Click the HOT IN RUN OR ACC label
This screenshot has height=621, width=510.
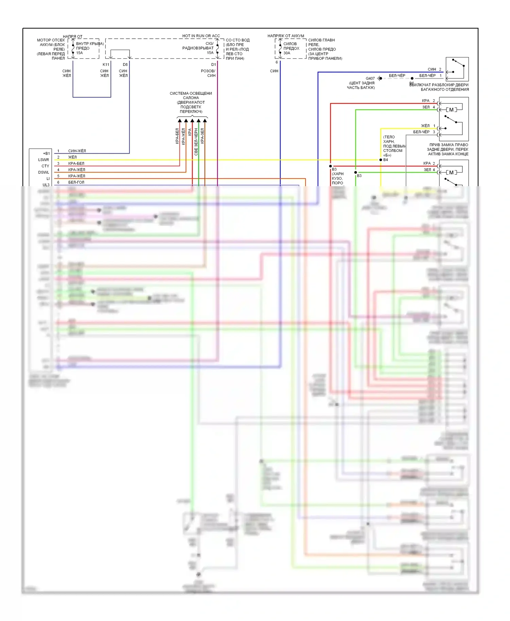click(x=201, y=36)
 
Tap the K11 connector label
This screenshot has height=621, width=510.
click(x=106, y=65)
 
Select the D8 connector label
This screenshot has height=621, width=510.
click(x=125, y=65)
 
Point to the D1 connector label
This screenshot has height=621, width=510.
click(x=214, y=65)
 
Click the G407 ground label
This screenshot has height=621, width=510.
click(x=370, y=78)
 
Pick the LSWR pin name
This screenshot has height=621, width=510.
click(x=44, y=160)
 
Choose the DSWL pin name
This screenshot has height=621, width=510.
click(x=44, y=172)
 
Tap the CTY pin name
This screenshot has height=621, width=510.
click(x=45, y=166)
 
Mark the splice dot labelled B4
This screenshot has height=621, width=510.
click(x=381, y=160)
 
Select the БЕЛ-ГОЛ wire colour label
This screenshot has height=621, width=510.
click(x=76, y=182)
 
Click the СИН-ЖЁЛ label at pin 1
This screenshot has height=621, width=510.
click(x=77, y=151)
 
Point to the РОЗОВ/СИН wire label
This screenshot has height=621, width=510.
click(x=208, y=73)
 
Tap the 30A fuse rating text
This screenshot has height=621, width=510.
click(x=287, y=53)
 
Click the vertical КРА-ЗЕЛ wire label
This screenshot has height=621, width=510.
click(x=202, y=136)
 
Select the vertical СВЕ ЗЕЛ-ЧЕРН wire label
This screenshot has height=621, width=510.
click(x=196, y=142)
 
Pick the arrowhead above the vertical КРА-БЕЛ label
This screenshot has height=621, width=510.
click(x=180, y=120)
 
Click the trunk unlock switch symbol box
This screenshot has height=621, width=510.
click(x=457, y=69)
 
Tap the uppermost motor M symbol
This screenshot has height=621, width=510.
click(x=451, y=110)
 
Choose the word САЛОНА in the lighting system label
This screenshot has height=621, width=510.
click(x=191, y=98)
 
